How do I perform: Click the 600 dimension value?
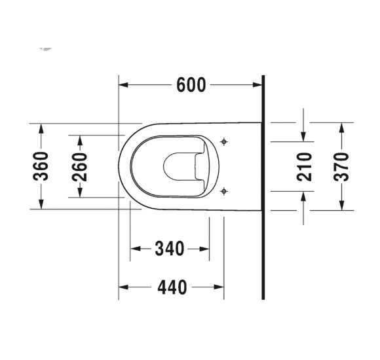pyautogui.click(x=191, y=85)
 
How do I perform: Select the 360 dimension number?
pyautogui.click(x=41, y=166)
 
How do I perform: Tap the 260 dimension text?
pyautogui.click(x=80, y=167)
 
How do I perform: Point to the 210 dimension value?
pyautogui.click(x=304, y=167)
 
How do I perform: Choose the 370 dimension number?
pyautogui.click(x=341, y=167)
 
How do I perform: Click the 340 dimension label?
pyautogui.click(x=170, y=249)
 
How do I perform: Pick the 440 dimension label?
pyautogui.click(x=172, y=287)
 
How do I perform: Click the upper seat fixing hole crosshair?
pyautogui.click(x=224, y=141)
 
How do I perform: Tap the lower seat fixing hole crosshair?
pyautogui.click(x=224, y=191)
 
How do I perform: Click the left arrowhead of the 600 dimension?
pyautogui.click(x=123, y=84)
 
